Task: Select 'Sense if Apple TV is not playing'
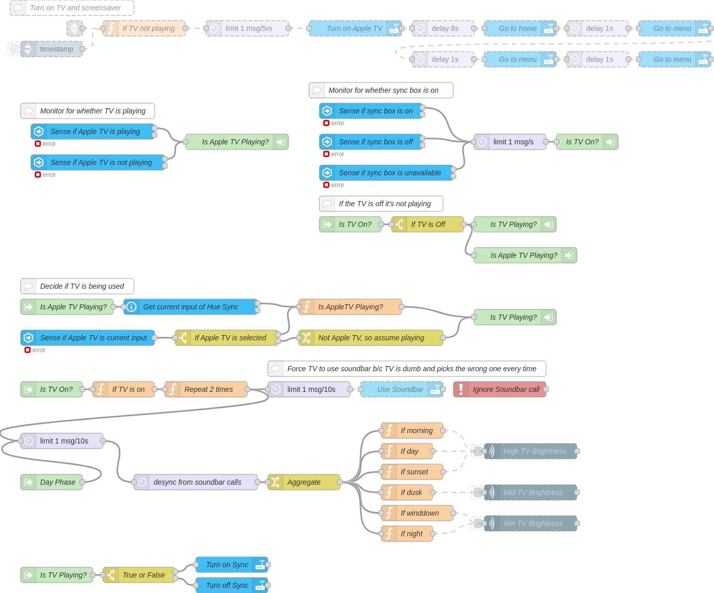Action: click(x=101, y=162)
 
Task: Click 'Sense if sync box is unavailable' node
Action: click(x=389, y=173)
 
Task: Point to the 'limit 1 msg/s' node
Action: click(x=513, y=142)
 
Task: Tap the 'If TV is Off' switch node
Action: click(x=428, y=224)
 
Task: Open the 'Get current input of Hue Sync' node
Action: click(x=191, y=307)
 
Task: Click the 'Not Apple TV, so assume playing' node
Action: click(x=371, y=338)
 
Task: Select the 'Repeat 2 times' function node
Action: click(x=208, y=389)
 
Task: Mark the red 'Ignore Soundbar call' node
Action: click(x=505, y=389)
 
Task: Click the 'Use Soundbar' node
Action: click(x=400, y=389)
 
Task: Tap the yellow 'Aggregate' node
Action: click(x=304, y=482)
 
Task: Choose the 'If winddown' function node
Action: click(x=419, y=513)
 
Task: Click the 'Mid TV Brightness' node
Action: click(x=533, y=492)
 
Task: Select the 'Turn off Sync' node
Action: click(x=227, y=585)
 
